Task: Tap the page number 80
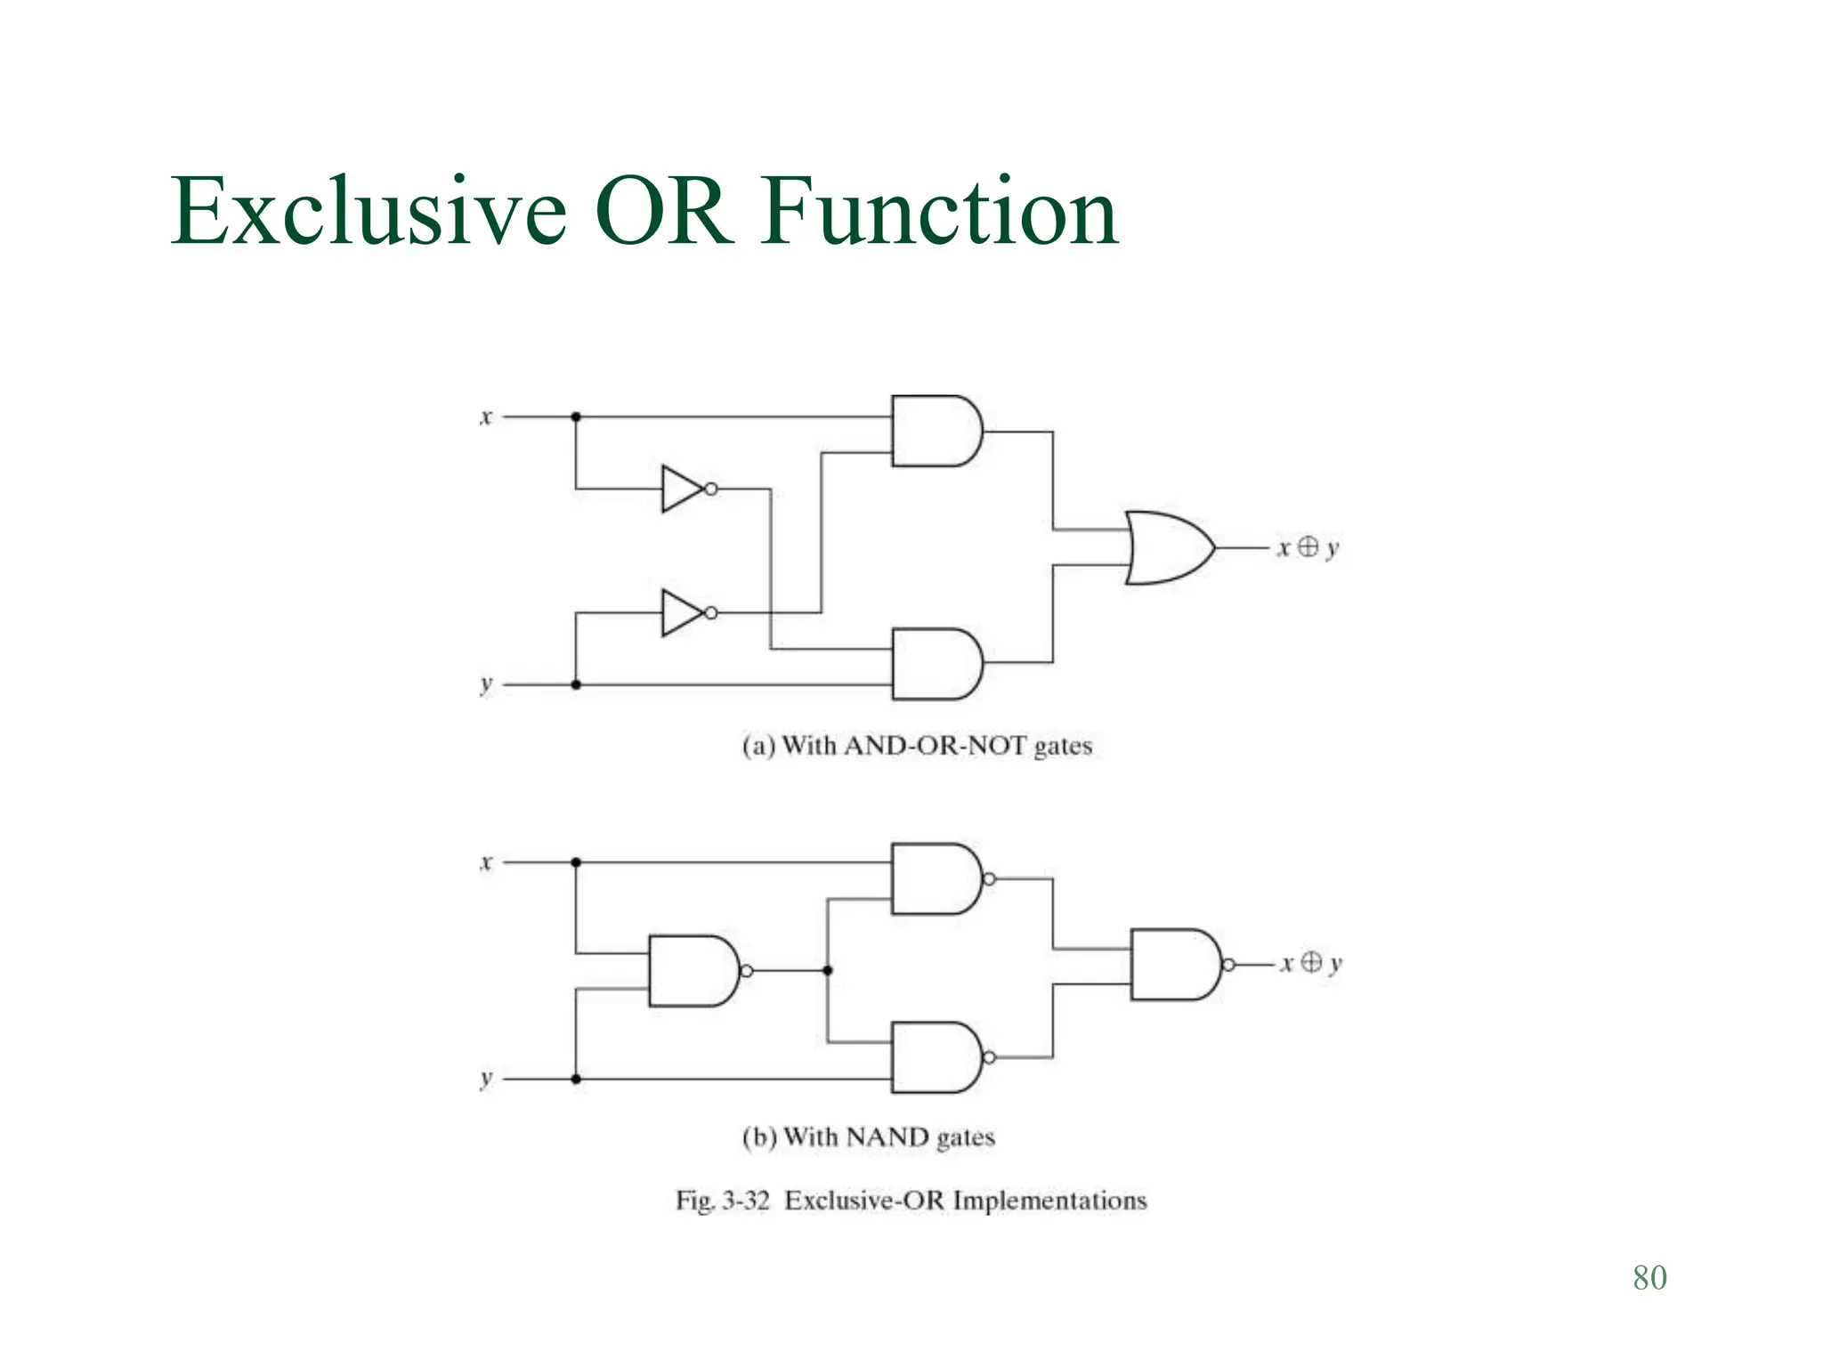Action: tap(1649, 1277)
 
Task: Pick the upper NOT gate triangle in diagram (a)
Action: tap(683, 489)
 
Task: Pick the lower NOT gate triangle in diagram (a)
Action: tap(683, 612)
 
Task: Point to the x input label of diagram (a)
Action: tap(486, 417)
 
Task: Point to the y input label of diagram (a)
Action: tap(486, 684)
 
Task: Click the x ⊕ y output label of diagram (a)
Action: tap(1308, 547)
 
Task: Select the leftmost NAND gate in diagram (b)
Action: tap(693, 971)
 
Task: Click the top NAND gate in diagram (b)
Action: tap(936, 879)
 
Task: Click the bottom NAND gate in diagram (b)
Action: tap(936, 1057)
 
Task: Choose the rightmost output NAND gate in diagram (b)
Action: tap(1175, 965)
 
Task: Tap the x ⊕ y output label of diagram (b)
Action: tap(1310, 963)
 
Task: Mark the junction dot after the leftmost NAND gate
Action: tap(828, 971)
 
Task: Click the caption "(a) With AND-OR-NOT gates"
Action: tap(917, 746)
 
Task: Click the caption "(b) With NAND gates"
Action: tap(868, 1137)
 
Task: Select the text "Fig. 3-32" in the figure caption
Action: tap(722, 1201)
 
